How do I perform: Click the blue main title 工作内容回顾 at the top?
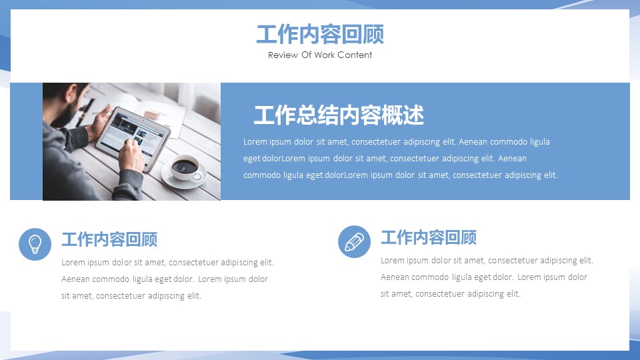[x=320, y=34]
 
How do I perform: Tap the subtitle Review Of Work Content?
[x=320, y=55]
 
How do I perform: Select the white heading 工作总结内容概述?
[x=339, y=115]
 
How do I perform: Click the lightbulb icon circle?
[x=35, y=244]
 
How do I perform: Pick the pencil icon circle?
[x=354, y=241]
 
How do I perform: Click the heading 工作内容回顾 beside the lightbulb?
[x=109, y=239]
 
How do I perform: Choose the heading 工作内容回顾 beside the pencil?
[x=429, y=237]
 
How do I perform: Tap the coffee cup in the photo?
[x=185, y=167]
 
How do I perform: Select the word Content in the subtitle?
[x=355, y=55]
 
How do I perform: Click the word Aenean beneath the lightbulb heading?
[x=75, y=279]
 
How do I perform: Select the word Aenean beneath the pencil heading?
[x=395, y=277]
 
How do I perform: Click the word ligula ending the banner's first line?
[x=539, y=142]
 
